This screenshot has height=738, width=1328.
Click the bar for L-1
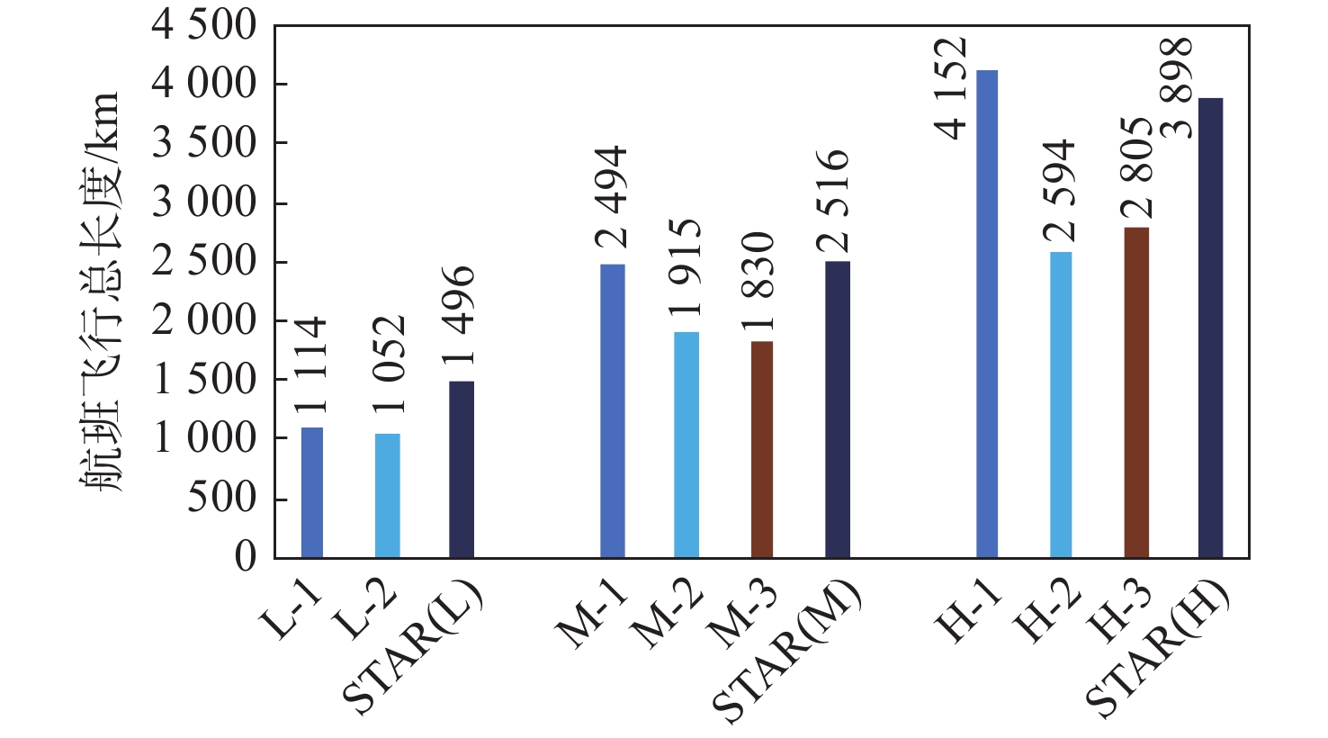(312, 492)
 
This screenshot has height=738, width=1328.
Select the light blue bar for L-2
(387, 495)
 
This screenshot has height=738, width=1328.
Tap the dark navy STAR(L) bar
(462, 469)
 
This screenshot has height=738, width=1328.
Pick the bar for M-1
(613, 410)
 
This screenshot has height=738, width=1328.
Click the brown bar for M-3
(762, 449)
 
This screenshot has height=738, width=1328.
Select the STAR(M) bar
(838, 409)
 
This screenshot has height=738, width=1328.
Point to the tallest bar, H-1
(987, 313)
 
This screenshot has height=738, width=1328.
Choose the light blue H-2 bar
(1061, 404)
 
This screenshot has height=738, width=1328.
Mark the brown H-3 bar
(1136, 392)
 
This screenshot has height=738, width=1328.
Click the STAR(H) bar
(1211, 328)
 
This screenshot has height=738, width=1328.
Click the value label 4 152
(951, 88)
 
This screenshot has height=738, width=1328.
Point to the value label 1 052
(389, 364)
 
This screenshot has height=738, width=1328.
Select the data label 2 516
(833, 202)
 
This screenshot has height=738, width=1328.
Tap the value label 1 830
(759, 281)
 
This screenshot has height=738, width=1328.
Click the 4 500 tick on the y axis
(204, 26)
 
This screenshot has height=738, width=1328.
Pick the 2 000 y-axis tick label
(204, 321)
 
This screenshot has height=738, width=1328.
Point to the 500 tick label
(221, 498)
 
